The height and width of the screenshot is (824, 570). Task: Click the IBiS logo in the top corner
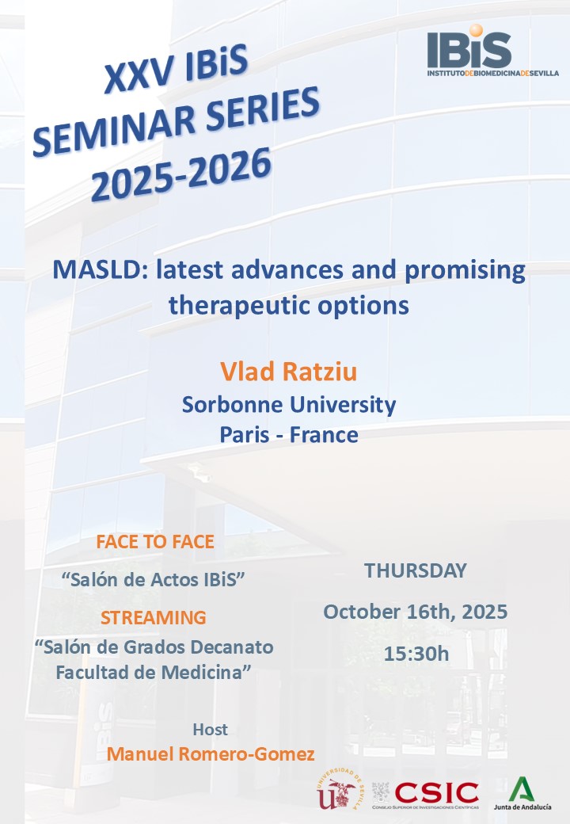click(x=492, y=51)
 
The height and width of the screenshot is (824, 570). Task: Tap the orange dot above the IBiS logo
click(x=476, y=30)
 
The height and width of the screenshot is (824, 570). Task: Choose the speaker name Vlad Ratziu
click(x=288, y=371)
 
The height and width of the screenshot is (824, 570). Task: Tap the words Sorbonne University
click(x=289, y=405)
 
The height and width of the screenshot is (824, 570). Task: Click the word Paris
click(x=244, y=435)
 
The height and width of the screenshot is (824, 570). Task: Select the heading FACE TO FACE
click(x=155, y=542)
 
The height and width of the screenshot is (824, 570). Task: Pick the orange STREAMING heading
click(x=154, y=617)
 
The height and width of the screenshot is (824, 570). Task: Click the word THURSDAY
click(x=415, y=570)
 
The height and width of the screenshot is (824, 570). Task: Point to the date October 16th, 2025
click(x=415, y=612)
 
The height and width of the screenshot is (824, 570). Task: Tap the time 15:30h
click(x=416, y=654)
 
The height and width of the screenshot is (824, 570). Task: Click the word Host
click(x=210, y=730)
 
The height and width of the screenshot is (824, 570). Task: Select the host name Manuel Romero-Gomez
click(x=211, y=754)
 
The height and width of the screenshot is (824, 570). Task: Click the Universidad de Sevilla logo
click(x=338, y=788)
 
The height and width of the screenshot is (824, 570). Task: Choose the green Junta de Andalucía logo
click(x=522, y=793)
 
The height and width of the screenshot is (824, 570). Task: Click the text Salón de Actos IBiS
click(x=154, y=579)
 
